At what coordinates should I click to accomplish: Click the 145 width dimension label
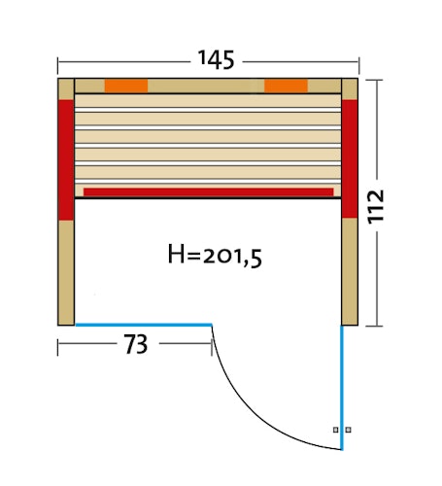coord(215,59)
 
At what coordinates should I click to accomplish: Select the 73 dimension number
coord(135,344)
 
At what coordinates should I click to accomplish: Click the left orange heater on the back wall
coord(126,86)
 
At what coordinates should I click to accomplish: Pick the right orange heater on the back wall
coord(286,86)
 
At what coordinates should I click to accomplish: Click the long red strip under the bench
coord(209,191)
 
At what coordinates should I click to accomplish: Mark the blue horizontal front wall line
coord(144,324)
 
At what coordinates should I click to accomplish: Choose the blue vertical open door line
coord(342,389)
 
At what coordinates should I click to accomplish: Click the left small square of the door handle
coord(336,429)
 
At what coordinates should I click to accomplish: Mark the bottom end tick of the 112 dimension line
coord(374,324)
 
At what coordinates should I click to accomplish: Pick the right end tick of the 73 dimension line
coord(212,345)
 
